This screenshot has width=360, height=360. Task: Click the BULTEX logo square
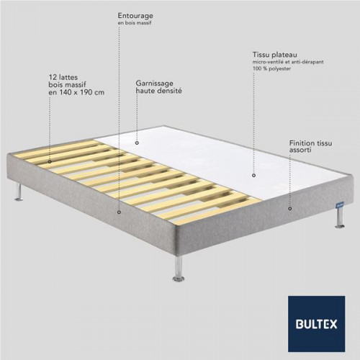click(317, 324)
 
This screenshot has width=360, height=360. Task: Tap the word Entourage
click(135, 16)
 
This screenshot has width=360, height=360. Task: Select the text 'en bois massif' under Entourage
click(135, 23)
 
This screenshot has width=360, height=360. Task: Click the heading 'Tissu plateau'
click(275, 55)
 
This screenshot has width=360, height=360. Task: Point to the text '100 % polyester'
click(271, 68)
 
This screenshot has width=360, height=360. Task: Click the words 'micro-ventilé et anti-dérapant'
click(288, 62)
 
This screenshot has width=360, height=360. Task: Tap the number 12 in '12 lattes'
click(53, 77)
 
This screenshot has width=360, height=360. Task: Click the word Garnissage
click(154, 84)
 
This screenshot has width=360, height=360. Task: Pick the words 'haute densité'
click(158, 91)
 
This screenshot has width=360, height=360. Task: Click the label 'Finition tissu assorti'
click(310, 146)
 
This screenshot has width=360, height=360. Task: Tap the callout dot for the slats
click(50, 162)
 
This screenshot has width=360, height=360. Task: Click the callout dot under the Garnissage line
click(137, 143)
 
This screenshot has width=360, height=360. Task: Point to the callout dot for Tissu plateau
click(253, 176)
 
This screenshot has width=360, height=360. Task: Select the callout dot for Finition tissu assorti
click(290, 209)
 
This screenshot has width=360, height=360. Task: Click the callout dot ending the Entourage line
click(119, 212)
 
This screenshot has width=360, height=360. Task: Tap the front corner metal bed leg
click(179, 268)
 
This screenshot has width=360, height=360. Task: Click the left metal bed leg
click(19, 192)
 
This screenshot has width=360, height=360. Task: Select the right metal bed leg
click(340, 217)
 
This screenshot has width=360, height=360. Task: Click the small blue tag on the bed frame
click(340, 205)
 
